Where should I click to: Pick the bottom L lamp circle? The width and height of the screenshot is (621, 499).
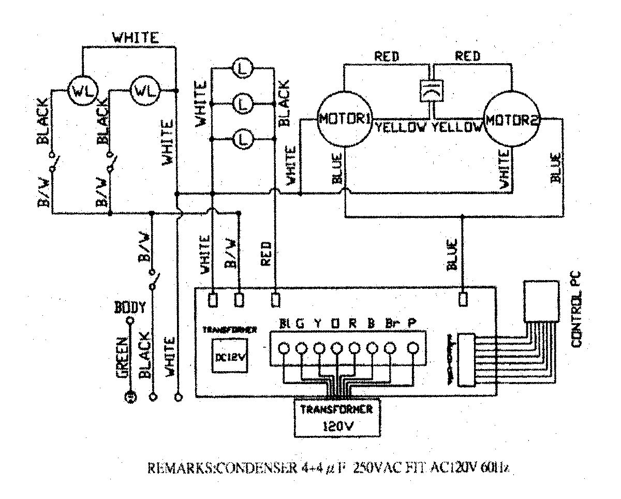pos(242,139)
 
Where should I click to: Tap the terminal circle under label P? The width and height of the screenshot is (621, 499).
pos(412,348)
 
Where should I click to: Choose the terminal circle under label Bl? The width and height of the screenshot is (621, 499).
pos(284,348)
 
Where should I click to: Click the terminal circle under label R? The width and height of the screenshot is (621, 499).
pos(354,348)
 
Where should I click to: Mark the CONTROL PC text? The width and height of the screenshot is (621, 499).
pos(576,310)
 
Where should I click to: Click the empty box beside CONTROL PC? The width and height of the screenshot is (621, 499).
pos(542,301)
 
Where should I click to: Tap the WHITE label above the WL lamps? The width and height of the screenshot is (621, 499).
pos(136,38)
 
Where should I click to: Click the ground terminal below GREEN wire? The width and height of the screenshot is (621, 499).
pos(130,398)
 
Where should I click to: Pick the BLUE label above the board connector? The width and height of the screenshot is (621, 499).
pos(451,254)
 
